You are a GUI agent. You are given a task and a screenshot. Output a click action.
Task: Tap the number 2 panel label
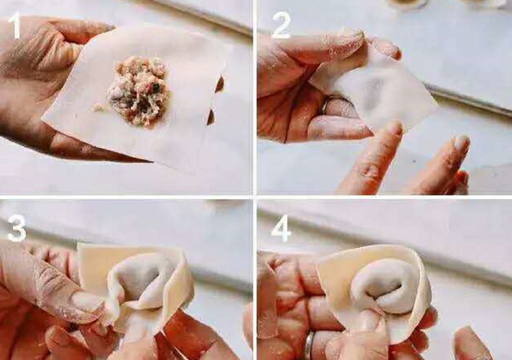(x=281, y=25)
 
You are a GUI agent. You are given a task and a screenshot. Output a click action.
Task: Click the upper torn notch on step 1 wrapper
(x=220, y=84)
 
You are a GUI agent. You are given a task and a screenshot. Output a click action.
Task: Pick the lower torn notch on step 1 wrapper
(x=211, y=117)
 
